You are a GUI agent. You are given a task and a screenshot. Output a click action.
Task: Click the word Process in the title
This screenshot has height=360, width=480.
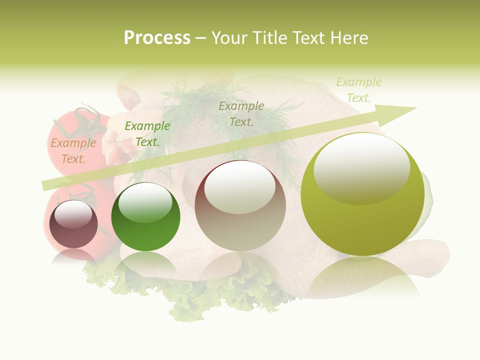157,38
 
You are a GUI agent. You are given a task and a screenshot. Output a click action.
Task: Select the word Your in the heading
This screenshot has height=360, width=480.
228,38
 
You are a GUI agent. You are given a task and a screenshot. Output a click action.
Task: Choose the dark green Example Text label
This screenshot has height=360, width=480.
147,134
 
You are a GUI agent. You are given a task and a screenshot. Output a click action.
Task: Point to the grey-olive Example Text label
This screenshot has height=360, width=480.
241,113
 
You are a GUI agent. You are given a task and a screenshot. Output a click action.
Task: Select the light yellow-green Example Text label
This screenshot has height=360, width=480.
359,89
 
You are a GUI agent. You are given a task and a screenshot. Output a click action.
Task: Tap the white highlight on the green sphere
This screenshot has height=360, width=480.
145,202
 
